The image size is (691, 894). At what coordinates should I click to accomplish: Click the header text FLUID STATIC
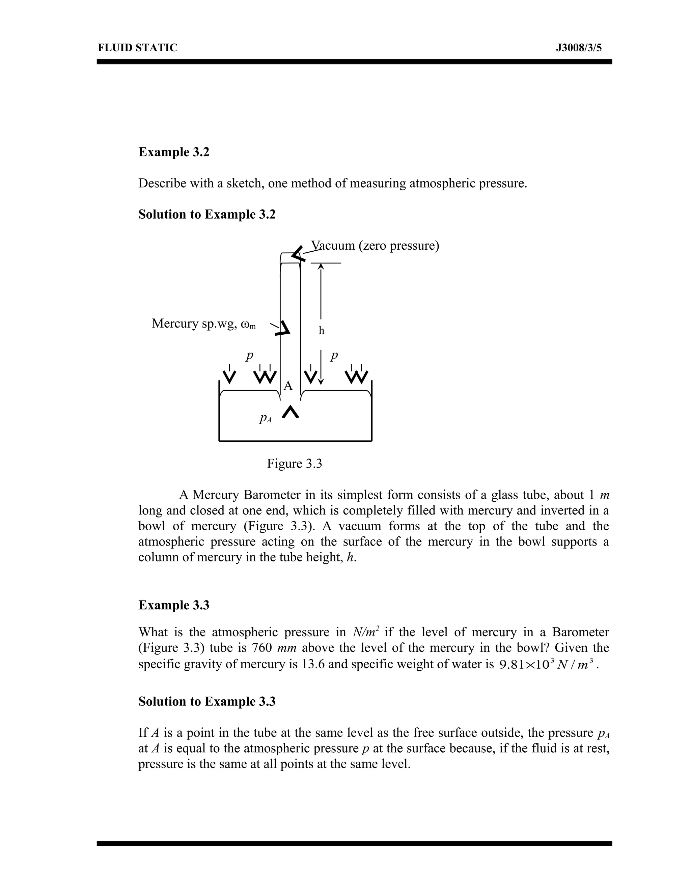138,48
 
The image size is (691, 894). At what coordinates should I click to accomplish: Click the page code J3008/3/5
578,48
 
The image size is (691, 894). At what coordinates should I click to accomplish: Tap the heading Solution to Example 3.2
207,214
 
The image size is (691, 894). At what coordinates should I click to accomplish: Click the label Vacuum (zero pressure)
375,246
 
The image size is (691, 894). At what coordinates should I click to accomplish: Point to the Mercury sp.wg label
203,324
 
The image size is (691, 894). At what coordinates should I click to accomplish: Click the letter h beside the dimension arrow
321,331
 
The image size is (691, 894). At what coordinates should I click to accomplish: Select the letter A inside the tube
288,386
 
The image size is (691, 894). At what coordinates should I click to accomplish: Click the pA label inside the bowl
265,418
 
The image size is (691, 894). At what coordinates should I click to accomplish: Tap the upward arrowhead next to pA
290,412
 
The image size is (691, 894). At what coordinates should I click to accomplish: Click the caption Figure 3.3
294,464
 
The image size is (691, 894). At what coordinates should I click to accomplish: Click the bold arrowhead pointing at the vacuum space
297,254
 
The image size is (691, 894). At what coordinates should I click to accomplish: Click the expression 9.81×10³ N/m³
546,664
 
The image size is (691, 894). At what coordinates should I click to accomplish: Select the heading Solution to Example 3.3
207,702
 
